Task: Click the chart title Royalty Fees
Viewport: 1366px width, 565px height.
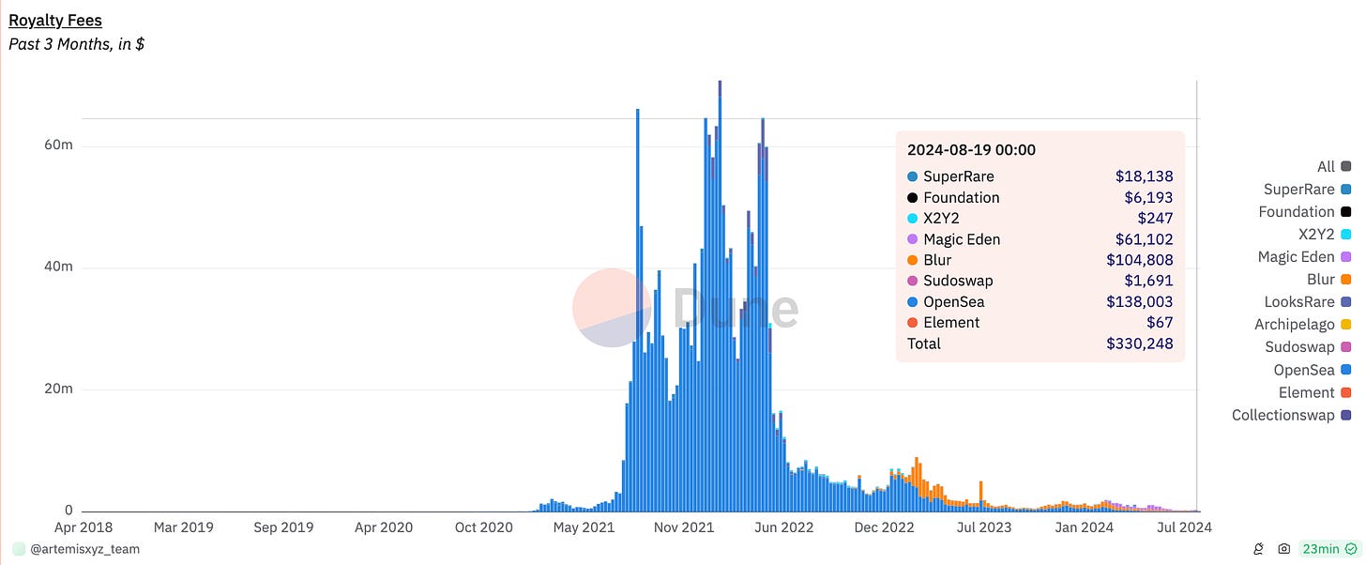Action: (54, 20)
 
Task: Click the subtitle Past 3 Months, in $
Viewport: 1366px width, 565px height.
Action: (76, 44)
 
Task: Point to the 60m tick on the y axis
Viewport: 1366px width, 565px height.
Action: (58, 145)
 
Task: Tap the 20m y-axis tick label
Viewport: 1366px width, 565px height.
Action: (58, 388)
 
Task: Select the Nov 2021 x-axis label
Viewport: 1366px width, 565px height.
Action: (684, 527)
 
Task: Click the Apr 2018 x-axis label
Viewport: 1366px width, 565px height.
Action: (83, 527)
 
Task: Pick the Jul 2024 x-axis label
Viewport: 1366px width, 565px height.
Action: (1184, 527)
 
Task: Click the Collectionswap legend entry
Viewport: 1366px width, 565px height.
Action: (1291, 415)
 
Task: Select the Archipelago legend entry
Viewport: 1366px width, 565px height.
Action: (1302, 325)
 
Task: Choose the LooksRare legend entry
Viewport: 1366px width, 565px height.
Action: (1308, 302)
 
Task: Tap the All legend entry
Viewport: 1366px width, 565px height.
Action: (1334, 166)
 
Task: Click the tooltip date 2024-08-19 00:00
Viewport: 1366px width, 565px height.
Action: (971, 150)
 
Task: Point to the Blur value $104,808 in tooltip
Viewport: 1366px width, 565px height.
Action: (1139, 260)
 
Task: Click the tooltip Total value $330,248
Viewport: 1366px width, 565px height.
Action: (1139, 344)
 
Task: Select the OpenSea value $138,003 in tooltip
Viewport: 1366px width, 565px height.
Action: (1139, 301)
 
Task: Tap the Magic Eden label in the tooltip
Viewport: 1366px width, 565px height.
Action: (962, 239)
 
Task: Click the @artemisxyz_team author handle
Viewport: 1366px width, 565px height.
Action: (84, 549)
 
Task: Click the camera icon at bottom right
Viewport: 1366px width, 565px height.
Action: (1283, 549)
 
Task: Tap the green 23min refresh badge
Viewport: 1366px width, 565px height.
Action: (1329, 549)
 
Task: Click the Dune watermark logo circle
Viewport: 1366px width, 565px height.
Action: (612, 308)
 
